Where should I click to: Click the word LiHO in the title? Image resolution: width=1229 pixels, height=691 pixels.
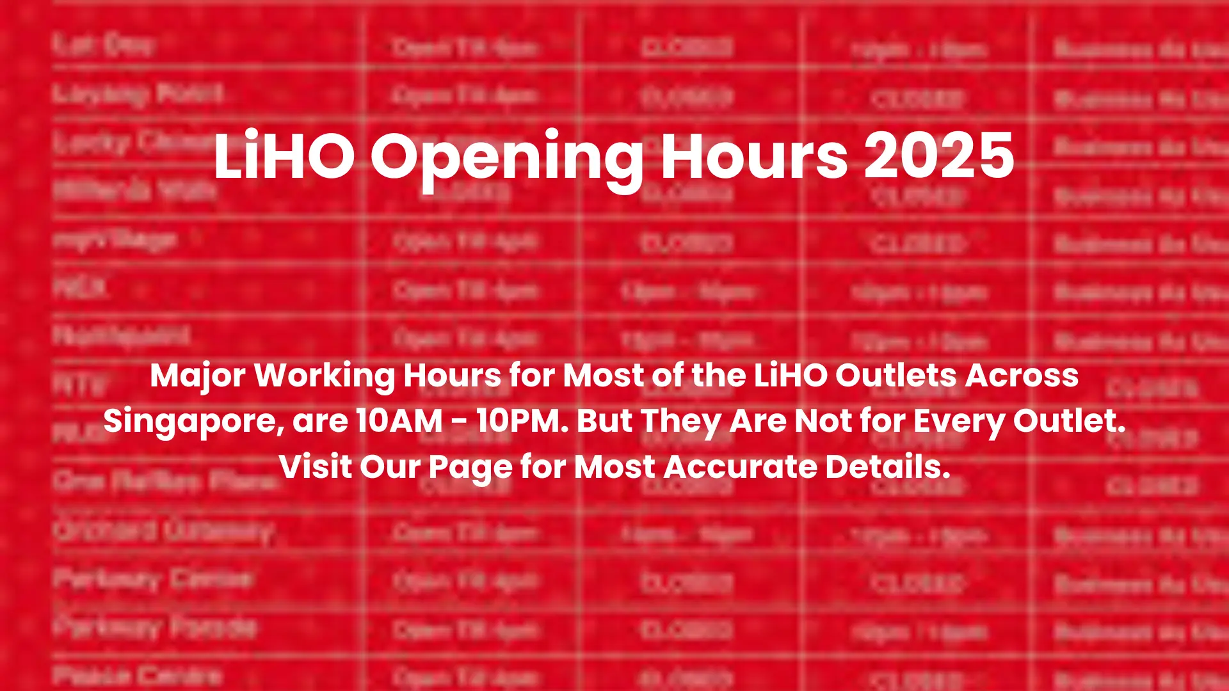click(x=284, y=156)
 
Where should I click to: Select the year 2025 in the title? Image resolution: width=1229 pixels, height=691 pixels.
click(x=939, y=156)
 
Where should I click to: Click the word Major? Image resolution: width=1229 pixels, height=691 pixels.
click(x=198, y=376)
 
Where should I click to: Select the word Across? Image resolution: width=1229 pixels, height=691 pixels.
click(x=1022, y=376)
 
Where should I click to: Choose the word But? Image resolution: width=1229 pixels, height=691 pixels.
click(x=604, y=421)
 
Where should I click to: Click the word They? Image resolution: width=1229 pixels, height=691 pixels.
click(x=680, y=421)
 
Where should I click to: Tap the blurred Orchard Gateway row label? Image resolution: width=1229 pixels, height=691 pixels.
click(x=164, y=531)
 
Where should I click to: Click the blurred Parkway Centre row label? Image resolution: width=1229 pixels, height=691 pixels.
click(x=152, y=580)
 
